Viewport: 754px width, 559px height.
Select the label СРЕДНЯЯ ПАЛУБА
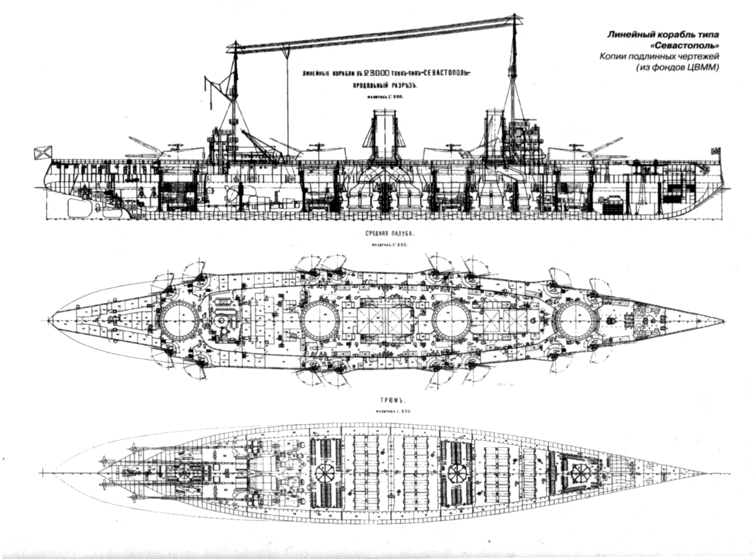(x=383, y=233)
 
